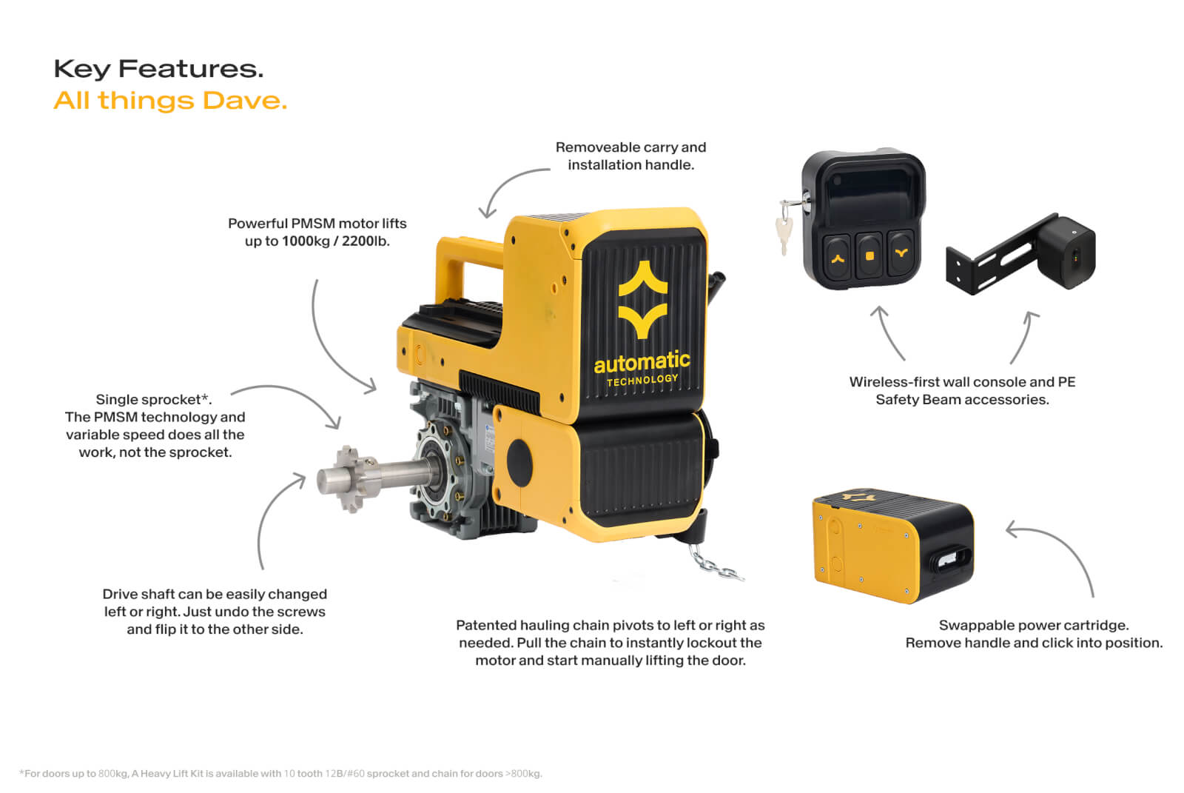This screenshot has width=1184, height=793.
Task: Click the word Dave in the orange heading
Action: click(245, 101)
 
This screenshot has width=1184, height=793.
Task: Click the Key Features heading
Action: click(158, 70)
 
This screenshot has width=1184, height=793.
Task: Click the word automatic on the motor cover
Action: click(642, 362)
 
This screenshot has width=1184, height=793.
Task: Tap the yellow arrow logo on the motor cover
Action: click(643, 299)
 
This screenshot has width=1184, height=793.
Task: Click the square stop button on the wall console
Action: click(869, 256)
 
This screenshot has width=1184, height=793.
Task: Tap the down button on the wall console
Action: click(901, 253)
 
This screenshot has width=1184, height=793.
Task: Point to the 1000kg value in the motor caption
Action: click(306, 241)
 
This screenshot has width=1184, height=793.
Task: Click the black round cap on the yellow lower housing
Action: click(519, 462)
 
